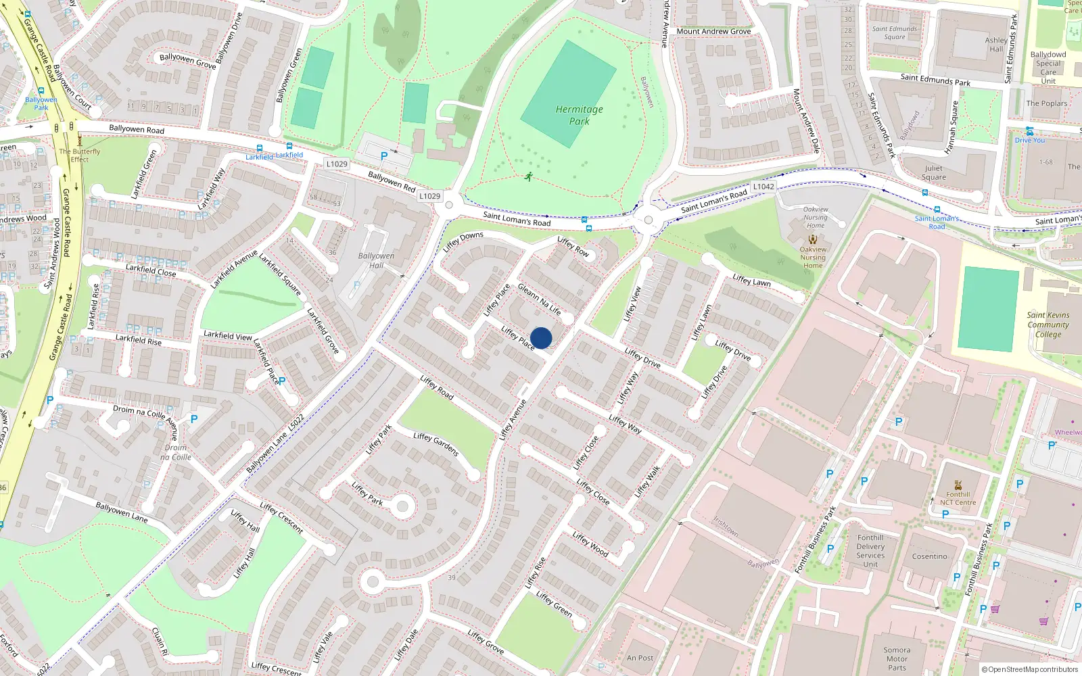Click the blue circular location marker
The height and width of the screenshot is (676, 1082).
pyautogui.click(x=541, y=338)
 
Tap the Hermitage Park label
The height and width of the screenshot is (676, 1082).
pyautogui.click(x=579, y=115)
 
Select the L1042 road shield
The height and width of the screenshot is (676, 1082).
pyautogui.click(x=763, y=187)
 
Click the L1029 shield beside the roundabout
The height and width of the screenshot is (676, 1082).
pyautogui.click(x=429, y=196)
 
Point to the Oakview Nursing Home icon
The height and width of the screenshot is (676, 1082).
pyautogui.click(x=813, y=239)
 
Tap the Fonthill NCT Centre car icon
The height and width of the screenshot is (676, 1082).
pyautogui.click(x=958, y=485)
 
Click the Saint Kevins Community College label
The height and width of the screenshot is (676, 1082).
pyautogui.click(x=1048, y=324)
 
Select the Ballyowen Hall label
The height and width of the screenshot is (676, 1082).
pyautogui.click(x=376, y=260)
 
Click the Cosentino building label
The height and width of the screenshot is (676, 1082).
pyautogui.click(x=929, y=556)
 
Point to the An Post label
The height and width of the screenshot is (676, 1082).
pyautogui.click(x=640, y=658)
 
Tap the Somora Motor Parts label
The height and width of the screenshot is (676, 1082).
pyautogui.click(x=897, y=659)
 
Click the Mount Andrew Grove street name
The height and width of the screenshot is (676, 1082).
pyautogui.click(x=713, y=31)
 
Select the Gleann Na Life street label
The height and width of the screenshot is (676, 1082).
pyautogui.click(x=539, y=299)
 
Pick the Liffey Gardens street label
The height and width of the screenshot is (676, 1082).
pyautogui.click(x=436, y=444)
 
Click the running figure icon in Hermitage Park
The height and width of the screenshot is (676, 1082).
pyautogui.click(x=528, y=177)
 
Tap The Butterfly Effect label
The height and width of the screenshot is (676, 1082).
pyautogui.click(x=79, y=155)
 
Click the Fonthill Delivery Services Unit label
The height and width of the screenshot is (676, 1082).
pyautogui.click(x=870, y=551)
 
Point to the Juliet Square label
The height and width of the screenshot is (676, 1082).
pyautogui.click(x=933, y=172)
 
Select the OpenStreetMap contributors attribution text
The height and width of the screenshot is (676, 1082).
pyautogui.click(x=1029, y=669)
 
